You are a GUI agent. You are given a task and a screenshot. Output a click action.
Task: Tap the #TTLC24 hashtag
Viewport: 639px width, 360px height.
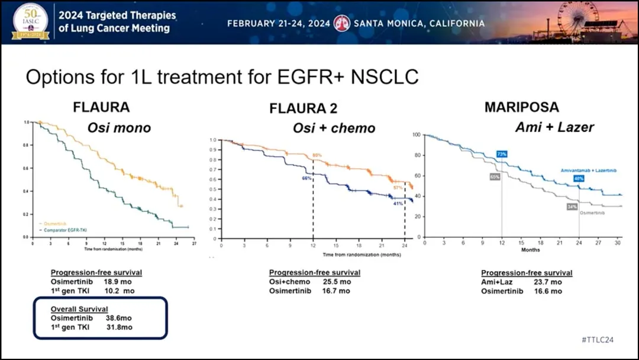tap(598, 339)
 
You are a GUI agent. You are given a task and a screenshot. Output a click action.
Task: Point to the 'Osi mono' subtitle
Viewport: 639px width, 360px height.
tap(119, 127)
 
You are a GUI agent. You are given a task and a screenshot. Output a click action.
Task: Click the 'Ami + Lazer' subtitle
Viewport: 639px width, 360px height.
tap(554, 127)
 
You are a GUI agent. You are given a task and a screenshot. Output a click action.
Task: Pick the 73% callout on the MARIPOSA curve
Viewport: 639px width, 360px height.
tap(502, 154)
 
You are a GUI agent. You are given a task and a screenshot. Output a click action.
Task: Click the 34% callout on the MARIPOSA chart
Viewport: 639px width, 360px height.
tap(572, 207)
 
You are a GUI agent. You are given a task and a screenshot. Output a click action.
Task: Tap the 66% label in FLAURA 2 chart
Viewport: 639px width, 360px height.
tap(306, 178)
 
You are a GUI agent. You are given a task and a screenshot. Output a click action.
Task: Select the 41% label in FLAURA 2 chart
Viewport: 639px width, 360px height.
tap(398, 203)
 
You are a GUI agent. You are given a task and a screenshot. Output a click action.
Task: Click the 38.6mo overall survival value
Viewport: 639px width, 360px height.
tap(110, 318)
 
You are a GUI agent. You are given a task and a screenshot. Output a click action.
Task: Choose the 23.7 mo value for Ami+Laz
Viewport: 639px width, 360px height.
tap(550, 282)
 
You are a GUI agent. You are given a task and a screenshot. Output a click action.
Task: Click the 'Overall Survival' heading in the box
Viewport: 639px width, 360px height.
tap(80, 309)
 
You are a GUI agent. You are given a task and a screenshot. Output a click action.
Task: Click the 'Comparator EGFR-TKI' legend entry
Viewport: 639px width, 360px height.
tap(63, 229)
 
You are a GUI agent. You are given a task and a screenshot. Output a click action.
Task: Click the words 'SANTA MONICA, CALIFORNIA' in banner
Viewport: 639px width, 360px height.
tap(419, 24)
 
